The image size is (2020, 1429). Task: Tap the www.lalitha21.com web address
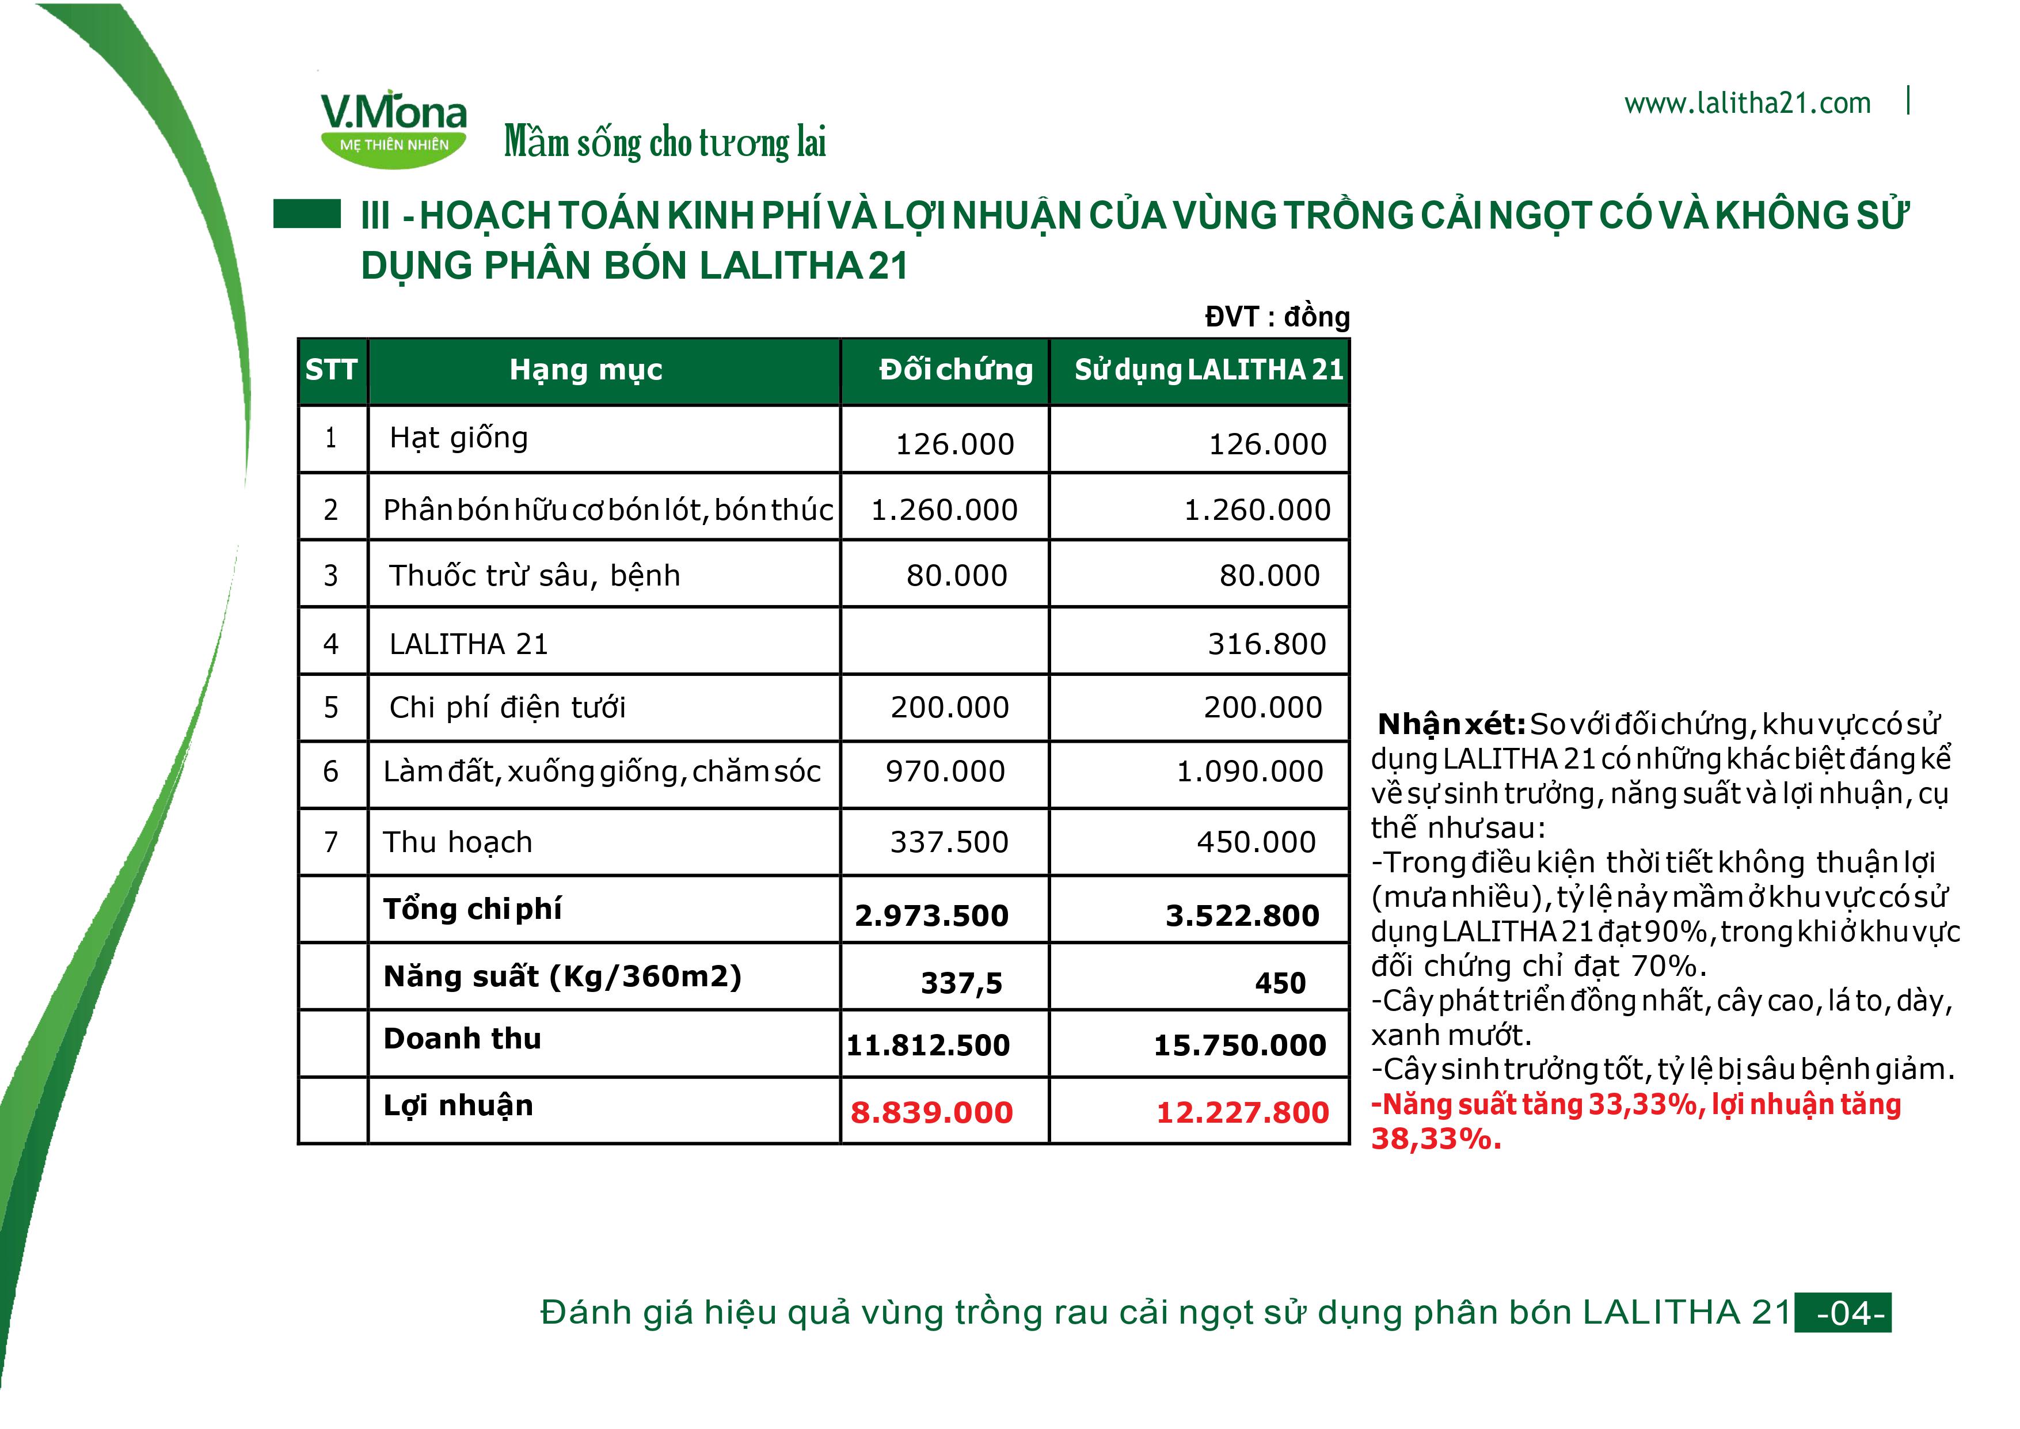point(1747,104)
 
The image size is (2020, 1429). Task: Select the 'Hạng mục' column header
point(586,370)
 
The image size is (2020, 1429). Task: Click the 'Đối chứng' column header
point(956,370)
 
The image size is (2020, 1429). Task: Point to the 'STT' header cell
point(332,370)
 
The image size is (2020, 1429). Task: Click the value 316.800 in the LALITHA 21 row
point(1266,644)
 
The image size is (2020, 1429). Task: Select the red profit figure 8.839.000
point(931,1112)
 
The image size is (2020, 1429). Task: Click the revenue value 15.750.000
point(1239,1046)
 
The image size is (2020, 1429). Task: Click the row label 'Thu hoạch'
point(458,842)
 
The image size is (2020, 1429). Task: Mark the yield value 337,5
point(961,983)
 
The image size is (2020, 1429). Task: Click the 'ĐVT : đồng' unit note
point(1277,317)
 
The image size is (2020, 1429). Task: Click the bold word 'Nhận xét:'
point(1451,724)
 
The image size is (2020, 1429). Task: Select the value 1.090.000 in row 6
point(1249,771)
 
